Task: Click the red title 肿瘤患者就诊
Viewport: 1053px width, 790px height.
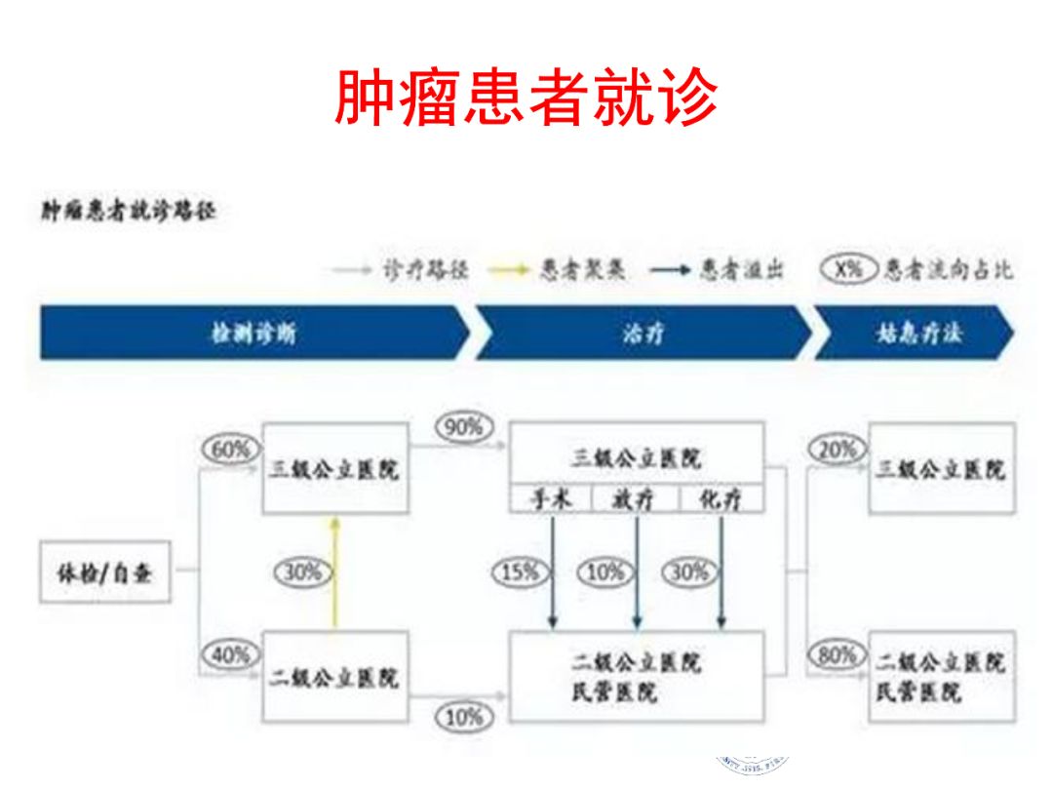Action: (526, 98)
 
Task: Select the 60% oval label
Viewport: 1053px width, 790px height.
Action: (231, 450)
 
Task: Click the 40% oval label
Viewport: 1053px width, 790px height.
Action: (231, 655)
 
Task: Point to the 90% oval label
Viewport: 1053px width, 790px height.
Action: (464, 427)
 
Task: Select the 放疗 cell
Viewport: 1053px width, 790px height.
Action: (635, 500)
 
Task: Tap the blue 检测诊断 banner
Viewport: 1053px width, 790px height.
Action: (253, 333)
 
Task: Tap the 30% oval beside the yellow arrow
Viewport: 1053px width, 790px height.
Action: (301, 573)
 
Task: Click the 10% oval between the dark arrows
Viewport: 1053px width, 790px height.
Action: (604, 573)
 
